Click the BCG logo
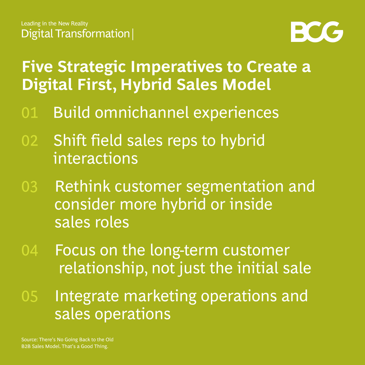[317, 32]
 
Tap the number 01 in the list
[30, 113]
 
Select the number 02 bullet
[30, 141]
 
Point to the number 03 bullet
[30, 187]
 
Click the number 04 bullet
[30, 250]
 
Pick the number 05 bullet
[30, 296]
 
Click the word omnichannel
[142, 113]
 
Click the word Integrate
[88, 296]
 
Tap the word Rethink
[82, 187]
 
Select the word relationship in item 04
[103, 268]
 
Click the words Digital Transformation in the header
[75, 34]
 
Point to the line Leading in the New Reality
[54, 24]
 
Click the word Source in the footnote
[29, 340]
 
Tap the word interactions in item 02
[96, 159]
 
